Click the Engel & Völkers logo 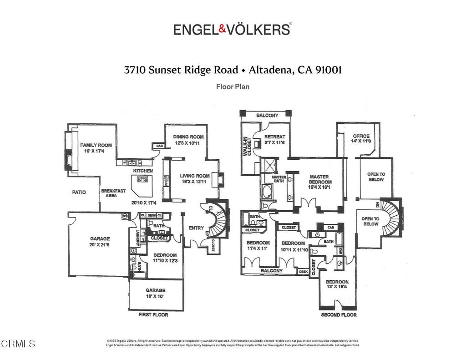(x=233, y=29)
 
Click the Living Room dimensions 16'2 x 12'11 (x=194, y=182)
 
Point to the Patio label (x=79, y=193)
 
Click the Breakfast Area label (x=113, y=193)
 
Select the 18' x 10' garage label (x=156, y=293)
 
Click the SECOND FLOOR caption (x=339, y=315)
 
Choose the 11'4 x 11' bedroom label (x=258, y=246)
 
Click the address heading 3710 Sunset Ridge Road (x=181, y=70)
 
